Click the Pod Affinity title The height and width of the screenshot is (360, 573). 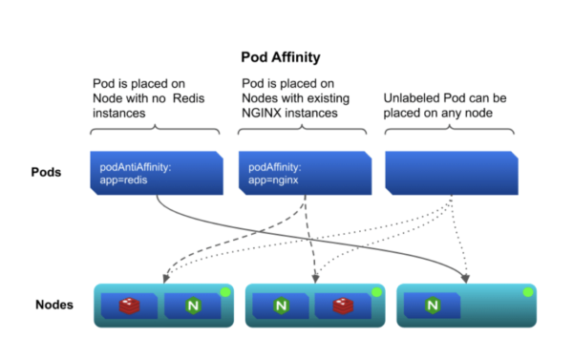coord(281,57)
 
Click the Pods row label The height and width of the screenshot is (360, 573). coord(46,172)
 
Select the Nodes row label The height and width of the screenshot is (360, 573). coord(54,305)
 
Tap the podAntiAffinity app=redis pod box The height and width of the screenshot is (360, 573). coord(157,173)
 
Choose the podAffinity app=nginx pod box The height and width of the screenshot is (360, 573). coord(306,173)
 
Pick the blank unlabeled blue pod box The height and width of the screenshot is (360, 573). coord(452,173)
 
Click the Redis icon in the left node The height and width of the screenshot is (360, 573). coord(129,306)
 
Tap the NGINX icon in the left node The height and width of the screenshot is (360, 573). coord(193,306)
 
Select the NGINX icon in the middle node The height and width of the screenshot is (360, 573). coord(281,306)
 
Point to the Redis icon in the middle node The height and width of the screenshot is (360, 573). coord(343,306)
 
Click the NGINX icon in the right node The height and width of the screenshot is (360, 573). coord(433,306)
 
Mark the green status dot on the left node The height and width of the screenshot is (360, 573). coord(225,292)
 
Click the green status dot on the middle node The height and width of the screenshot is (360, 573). coord(377,292)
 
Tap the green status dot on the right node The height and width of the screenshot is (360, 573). coord(528,292)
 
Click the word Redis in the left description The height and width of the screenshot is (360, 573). coord(188,98)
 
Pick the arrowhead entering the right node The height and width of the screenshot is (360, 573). coord(465,279)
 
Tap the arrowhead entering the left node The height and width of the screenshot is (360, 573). coord(166,279)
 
